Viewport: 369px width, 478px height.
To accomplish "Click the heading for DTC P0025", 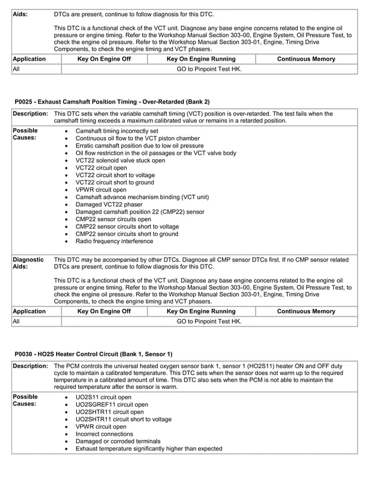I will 112,102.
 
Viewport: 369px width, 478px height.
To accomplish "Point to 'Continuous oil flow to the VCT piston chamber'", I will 138,139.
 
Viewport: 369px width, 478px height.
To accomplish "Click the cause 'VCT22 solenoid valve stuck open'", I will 120,160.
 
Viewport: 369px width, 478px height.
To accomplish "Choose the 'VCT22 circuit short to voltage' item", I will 115,175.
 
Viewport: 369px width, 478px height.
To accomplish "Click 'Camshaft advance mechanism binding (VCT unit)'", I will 142,197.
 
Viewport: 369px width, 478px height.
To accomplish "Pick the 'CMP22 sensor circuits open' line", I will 113,219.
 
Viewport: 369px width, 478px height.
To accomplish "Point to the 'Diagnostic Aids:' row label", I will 28,264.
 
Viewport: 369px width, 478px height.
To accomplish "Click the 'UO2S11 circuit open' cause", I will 103,397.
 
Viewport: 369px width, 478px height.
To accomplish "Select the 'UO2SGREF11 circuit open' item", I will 111,405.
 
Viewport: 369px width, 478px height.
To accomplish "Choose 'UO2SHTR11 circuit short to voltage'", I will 123,419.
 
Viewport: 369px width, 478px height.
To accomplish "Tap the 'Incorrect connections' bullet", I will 104,433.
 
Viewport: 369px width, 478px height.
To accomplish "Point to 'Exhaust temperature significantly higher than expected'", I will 149,448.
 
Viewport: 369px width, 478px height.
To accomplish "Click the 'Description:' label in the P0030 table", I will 30,366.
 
